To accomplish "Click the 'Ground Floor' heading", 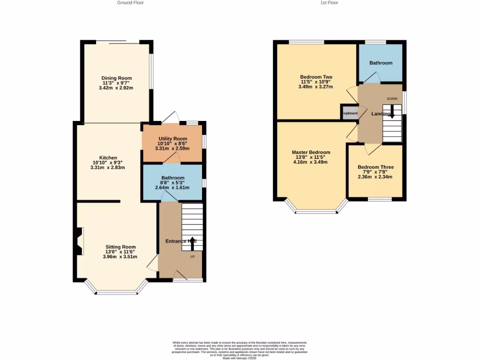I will pyautogui.click(x=130, y=3).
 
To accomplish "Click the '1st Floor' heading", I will pyautogui.click(x=329, y=3).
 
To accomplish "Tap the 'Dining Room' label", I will pyautogui.click(x=117, y=78).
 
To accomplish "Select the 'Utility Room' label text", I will pyautogui.click(x=172, y=139).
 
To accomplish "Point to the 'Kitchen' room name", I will pyautogui.click(x=108, y=158).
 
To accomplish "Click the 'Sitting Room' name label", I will pyautogui.click(x=120, y=247).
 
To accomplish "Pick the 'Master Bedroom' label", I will pyautogui.click(x=311, y=152).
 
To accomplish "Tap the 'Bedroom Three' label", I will pyautogui.click(x=375, y=167).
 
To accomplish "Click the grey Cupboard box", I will pyautogui.click(x=349, y=113).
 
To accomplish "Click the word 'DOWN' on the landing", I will pyautogui.click(x=392, y=98).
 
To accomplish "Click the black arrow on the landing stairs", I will pyautogui.click(x=392, y=114).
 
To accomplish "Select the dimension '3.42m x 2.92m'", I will pyautogui.click(x=116, y=88).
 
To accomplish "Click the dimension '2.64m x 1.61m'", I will pyautogui.click(x=172, y=187).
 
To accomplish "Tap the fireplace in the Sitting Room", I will pyautogui.click(x=78, y=241).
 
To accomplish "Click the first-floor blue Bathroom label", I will pyautogui.click(x=381, y=63).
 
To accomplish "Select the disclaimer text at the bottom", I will pyautogui.click(x=240, y=349).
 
